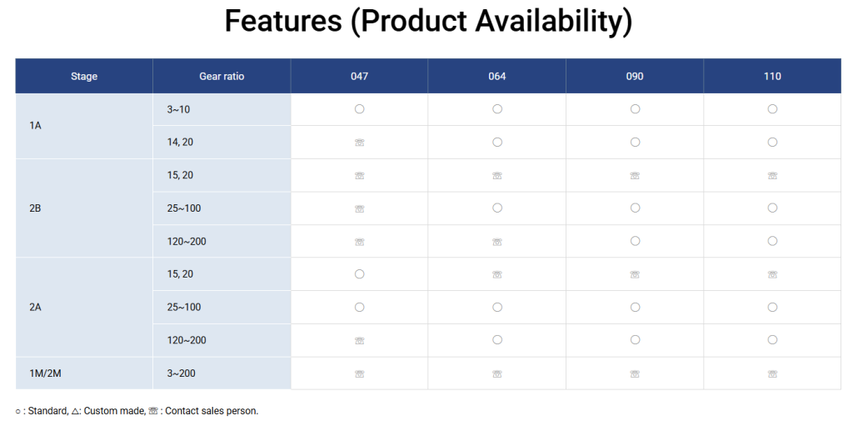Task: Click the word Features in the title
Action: pyautogui.click(x=283, y=21)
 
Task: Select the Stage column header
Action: pyautogui.click(x=84, y=76)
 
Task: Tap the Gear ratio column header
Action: pyautogui.click(x=222, y=76)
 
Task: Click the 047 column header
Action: pyautogui.click(x=359, y=76)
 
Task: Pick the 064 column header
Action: pyautogui.click(x=497, y=76)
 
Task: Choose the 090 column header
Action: pyautogui.click(x=635, y=76)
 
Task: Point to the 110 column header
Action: pyautogui.click(x=772, y=76)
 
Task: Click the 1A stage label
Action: pyautogui.click(x=35, y=126)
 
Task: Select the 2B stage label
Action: pyautogui.click(x=35, y=208)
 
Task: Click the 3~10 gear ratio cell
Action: pyautogui.click(x=178, y=109)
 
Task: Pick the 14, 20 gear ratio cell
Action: pyautogui.click(x=180, y=143)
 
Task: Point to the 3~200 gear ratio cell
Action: pyautogui.click(x=181, y=373)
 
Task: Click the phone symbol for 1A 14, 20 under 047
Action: pyautogui.click(x=359, y=143)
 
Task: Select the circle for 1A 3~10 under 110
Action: pyautogui.click(x=772, y=109)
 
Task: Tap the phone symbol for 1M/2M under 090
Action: pyautogui.click(x=635, y=374)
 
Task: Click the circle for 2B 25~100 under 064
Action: pyautogui.click(x=497, y=208)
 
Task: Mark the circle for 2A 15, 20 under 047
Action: pyautogui.click(x=359, y=274)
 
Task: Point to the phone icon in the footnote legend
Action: pyautogui.click(x=153, y=411)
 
